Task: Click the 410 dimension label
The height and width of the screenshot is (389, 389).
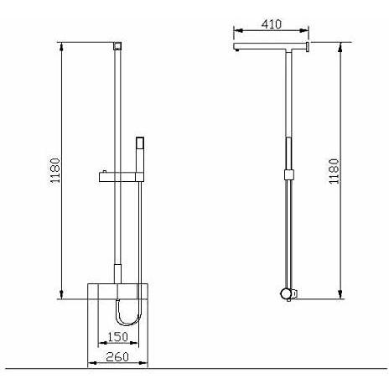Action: (272, 24)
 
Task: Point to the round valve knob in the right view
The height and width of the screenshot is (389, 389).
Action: (287, 293)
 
